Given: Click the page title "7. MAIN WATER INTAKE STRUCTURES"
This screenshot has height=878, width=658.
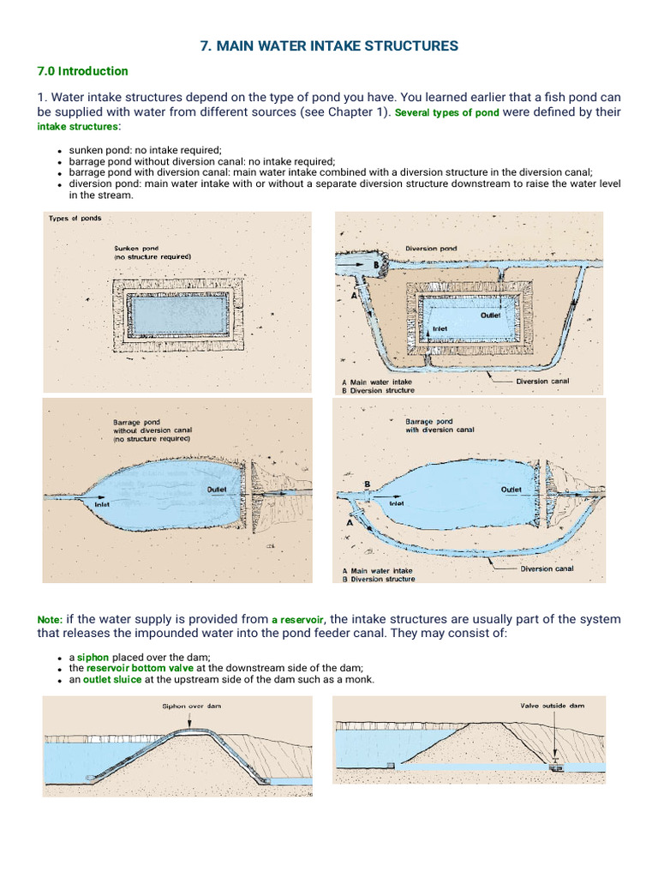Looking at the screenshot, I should (329, 45).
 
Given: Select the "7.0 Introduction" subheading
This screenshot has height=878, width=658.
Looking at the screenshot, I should (82, 71).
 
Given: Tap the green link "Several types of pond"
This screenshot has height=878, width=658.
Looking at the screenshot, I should (446, 113).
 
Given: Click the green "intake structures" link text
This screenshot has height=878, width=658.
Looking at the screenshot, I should (77, 127).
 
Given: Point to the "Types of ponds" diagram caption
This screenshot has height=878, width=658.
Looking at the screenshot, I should (75, 219).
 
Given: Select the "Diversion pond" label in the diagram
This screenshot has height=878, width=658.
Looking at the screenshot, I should (431, 249).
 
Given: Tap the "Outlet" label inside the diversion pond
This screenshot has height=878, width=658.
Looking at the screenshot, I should (490, 316).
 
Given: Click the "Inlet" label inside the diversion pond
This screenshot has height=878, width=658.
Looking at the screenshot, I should (440, 328).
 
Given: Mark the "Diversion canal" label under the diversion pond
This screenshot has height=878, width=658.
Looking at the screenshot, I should (542, 382).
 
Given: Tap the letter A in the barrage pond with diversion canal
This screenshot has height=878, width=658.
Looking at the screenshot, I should (350, 520).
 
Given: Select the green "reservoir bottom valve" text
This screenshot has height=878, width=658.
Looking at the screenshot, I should (140, 668).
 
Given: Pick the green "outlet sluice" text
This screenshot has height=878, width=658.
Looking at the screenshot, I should (112, 680).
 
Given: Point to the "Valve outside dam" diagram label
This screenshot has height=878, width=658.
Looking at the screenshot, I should (552, 706).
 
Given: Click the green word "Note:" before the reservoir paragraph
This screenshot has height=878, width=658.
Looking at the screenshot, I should (50, 620).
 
